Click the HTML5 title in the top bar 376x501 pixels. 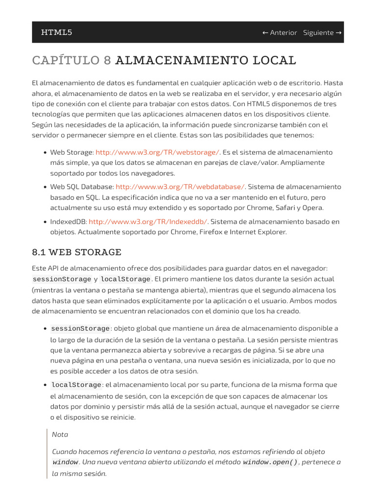point(56,32)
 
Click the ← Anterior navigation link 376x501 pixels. point(280,33)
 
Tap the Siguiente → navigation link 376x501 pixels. point(322,33)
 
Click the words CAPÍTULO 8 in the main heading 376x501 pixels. point(71,60)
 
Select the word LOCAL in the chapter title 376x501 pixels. point(275,60)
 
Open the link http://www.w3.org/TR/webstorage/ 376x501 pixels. point(158,152)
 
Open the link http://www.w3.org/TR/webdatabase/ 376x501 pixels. point(180,186)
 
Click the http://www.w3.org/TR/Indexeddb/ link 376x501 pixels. point(148,221)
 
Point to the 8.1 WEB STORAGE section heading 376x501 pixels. point(76,252)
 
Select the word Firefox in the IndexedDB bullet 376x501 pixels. point(211,232)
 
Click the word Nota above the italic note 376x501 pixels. point(60,434)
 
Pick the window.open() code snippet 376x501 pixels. point(270,462)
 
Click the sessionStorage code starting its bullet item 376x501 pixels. point(80,329)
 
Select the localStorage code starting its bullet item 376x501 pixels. point(76,386)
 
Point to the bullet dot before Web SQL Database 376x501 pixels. point(45,187)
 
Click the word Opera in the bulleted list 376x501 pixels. point(313,208)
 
